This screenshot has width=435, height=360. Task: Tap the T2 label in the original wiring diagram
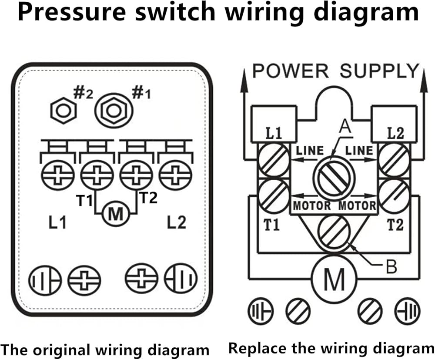point(148,198)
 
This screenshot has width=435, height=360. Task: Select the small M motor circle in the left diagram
point(116,213)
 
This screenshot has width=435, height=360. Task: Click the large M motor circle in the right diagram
point(335,279)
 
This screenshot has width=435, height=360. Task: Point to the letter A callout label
point(345,127)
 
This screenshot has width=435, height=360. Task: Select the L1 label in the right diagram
point(274,134)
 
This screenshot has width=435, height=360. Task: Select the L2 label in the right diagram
point(395,134)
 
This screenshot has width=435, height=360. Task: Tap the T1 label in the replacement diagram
point(273,225)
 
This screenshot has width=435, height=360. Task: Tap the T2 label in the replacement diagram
point(395,225)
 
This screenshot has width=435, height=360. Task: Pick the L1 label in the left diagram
point(57,223)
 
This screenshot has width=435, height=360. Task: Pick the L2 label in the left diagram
point(176,223)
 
